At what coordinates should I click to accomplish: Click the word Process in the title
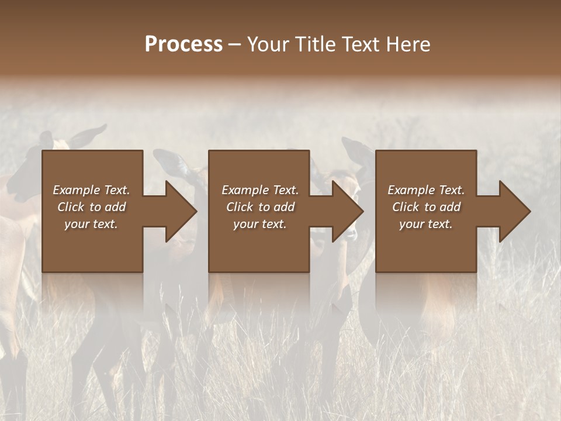pos(183,44)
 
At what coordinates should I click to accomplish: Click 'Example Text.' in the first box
pos(91,190)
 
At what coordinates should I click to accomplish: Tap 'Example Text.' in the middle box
pos(260,190)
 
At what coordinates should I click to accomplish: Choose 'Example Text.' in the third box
pos(426,190)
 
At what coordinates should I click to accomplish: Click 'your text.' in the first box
pos(91,224)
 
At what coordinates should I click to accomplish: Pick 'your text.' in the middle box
pos(260,224)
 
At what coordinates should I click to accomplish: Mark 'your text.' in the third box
pos(426,224)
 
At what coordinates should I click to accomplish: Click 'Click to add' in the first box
pos(91,207)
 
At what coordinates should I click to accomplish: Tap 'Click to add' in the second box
pos(260,207)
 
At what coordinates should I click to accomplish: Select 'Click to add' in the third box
pos(426,207)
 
